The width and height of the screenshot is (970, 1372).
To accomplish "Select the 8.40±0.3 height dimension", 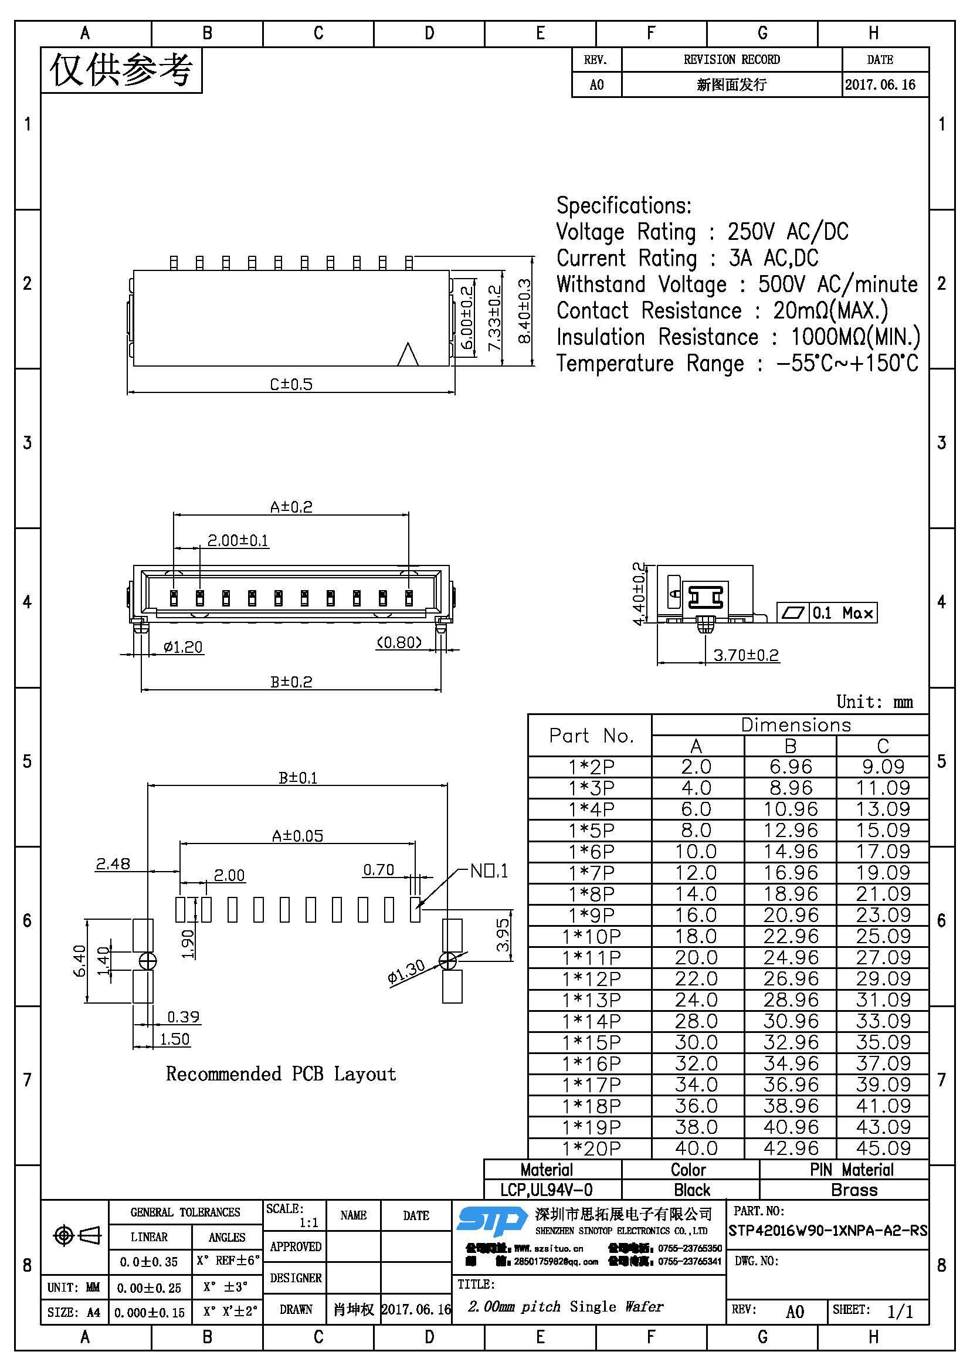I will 524,311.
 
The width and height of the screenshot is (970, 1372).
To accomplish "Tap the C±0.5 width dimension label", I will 291,384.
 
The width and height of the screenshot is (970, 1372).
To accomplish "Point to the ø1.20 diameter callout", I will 183,647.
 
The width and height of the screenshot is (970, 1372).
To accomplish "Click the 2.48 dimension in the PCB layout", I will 113,864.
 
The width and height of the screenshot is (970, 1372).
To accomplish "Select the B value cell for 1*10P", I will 790,936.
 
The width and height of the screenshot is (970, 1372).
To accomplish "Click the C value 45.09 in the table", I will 883,1149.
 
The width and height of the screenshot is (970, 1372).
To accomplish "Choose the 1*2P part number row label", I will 591,767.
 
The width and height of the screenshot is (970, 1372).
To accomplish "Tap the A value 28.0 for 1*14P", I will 696,1021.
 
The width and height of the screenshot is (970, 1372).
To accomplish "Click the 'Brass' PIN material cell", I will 854,1190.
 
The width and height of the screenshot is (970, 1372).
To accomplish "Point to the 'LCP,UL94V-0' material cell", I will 547,1190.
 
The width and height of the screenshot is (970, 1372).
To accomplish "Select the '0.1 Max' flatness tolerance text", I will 843,613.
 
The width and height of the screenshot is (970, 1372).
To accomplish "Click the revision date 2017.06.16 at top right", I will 880,85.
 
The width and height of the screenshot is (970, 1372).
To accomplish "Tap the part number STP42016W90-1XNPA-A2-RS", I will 828,1231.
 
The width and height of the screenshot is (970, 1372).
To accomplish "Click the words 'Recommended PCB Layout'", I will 281,1074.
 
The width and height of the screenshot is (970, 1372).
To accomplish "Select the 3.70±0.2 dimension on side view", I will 746,656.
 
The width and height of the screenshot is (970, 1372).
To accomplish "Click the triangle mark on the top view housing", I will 408,354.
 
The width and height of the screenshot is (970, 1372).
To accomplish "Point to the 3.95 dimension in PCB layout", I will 504,934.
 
